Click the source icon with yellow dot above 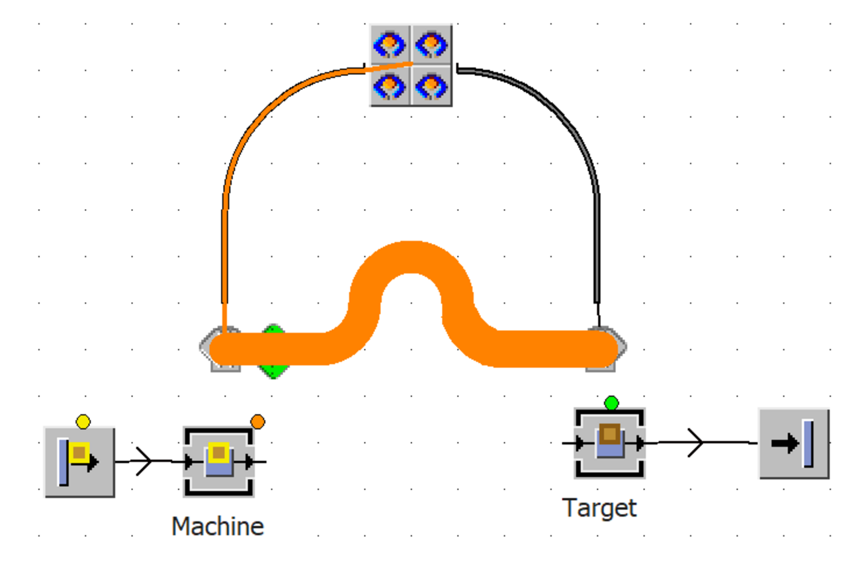tap(79, 462)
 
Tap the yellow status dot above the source tap(83, 421)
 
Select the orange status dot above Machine tap(258, 421)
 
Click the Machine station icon tap(219, 461)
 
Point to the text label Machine tap(218, 527)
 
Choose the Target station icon tap(609, 443)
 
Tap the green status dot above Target tap(611, 402)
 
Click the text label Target tap(599, 508)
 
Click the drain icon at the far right tap(793, 443)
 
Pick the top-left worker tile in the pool tap(390, 45)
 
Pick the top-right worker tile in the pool tap(431, 45)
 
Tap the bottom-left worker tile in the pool tap(390, 85)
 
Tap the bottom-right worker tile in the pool tap(431, 85)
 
